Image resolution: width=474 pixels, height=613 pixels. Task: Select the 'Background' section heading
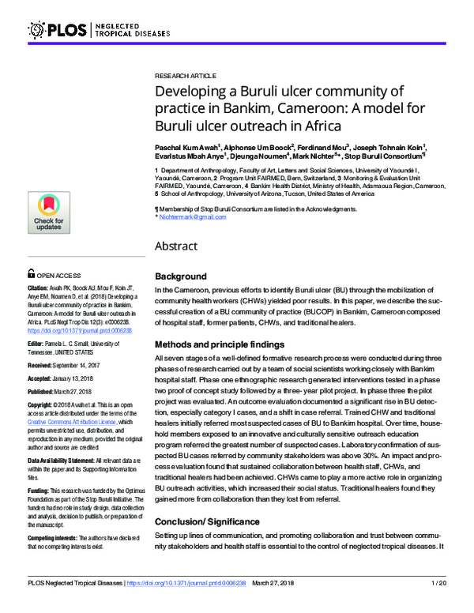click(181, 277)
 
